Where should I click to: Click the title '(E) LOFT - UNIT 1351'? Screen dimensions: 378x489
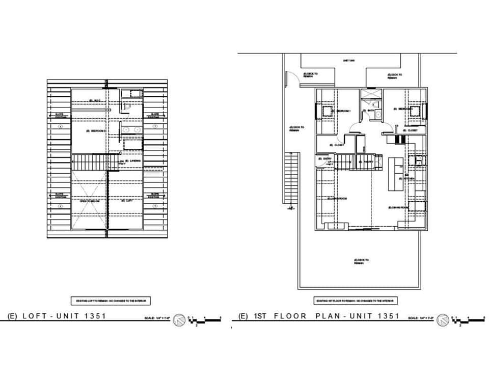tap(57, 316)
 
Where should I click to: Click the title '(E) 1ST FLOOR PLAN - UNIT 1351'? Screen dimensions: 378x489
tap(319, 316)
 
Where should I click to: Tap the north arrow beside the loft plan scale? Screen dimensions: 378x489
tap(179, 320)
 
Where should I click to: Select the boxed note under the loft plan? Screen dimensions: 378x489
tap(111, 301)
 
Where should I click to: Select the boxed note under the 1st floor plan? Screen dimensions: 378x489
tap(356, 301)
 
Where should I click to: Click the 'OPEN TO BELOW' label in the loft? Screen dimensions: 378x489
tap(89, 201)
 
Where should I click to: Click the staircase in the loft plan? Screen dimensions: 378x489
tap(89, 163)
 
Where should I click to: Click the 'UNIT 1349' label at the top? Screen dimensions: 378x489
tap(348, 61)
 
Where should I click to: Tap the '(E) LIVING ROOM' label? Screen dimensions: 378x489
tap(338, 198)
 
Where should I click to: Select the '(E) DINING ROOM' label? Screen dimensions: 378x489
tap(398, 207)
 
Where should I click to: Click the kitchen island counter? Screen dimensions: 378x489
tap(395, 174)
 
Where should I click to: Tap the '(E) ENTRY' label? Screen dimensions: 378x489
tap(328, 158)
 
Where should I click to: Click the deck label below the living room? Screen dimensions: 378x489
tap(361, 261)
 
